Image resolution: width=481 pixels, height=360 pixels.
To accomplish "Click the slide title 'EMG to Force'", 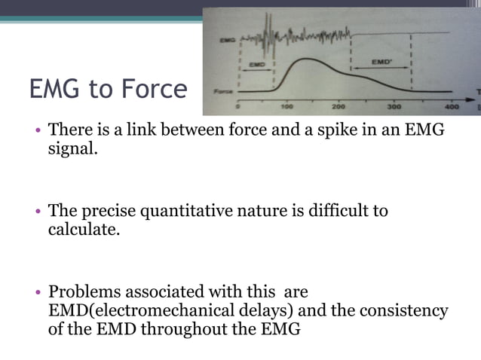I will tap(108, 90).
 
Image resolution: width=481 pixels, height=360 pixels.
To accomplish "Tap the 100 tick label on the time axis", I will tap(286, 107).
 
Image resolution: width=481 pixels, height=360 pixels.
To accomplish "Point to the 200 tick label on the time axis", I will tap(339, 107).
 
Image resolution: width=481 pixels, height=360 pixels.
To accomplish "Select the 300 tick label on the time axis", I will tap(394, 107).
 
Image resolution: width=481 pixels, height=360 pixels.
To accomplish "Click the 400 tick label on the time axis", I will tap(450, 107).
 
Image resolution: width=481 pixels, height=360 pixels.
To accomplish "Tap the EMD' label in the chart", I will tap(382, 60).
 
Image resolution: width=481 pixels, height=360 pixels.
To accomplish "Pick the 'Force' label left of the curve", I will tap(222, 91).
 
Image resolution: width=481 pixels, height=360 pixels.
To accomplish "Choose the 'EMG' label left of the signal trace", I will tap(225, 38).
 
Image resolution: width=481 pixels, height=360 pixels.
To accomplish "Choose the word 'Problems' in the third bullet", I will tap(84, 291).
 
